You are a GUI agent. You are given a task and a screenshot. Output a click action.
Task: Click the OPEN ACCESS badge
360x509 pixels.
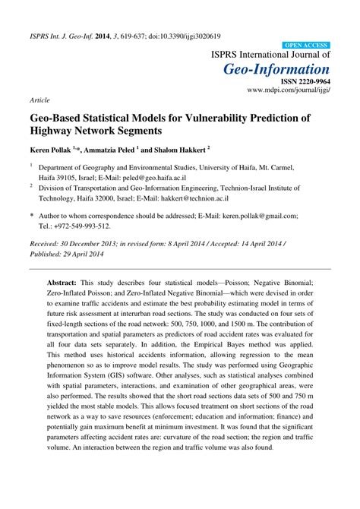click(305, 46)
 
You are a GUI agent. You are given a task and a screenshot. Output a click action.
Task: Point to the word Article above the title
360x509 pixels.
click(40, 100)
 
